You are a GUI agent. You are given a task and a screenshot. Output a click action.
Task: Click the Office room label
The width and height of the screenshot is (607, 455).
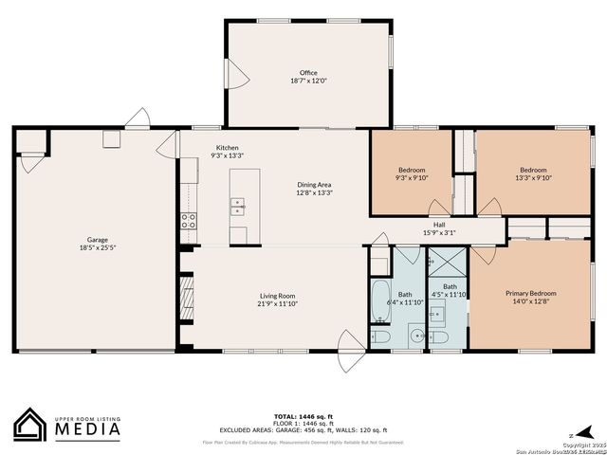coord(308,73)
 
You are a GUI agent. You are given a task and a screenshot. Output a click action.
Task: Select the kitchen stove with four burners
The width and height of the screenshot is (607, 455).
coord(189,222)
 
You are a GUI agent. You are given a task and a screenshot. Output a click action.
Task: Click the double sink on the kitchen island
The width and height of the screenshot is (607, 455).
coord(238,204)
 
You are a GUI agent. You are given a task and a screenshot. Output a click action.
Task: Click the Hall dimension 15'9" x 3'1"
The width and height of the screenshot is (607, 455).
coord(439,232)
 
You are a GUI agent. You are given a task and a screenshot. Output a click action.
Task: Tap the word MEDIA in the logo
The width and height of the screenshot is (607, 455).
coord(84,429)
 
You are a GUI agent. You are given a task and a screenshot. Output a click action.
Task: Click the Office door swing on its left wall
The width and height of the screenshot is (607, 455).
coord(237,70)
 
